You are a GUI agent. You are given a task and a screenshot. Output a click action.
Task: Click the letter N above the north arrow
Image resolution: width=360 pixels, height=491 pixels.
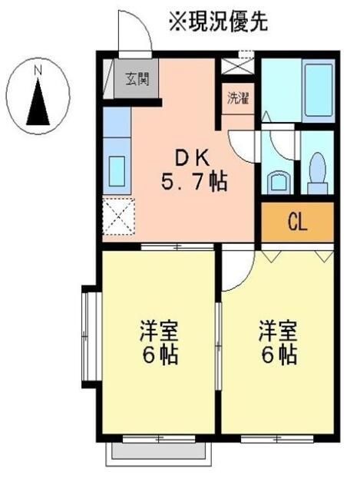(x=37, y=71)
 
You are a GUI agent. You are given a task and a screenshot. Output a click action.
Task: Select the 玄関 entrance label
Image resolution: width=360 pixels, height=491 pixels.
(x=138, y=77)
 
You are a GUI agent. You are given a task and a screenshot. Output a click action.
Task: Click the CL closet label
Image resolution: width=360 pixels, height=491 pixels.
(x=297, y=222)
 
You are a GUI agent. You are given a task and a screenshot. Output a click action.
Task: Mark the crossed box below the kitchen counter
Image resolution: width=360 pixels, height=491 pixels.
(x=118, y=216)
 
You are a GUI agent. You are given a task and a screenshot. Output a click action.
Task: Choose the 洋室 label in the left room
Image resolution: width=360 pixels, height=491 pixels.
(x=159, y=331)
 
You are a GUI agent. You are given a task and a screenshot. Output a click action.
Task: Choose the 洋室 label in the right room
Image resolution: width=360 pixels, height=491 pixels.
(x=277, y=331)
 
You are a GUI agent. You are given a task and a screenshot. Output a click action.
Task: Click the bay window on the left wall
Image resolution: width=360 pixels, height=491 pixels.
(x=88, y=336)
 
